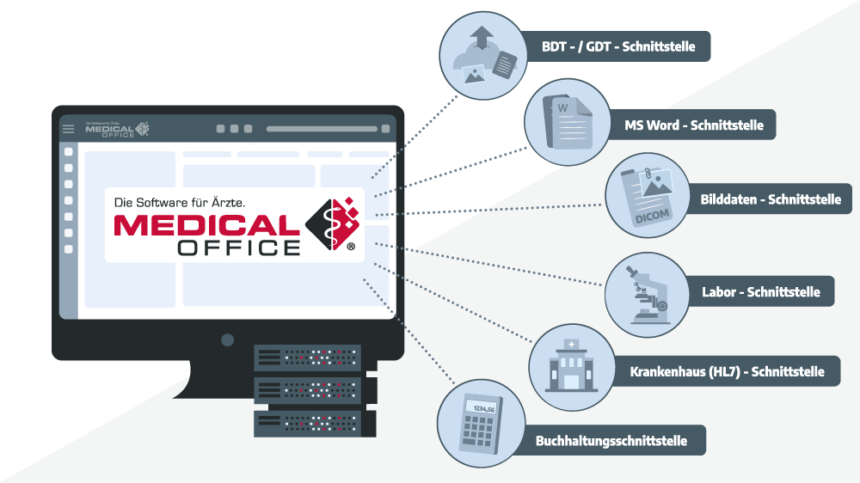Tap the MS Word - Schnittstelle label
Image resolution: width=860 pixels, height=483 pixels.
(693, 125)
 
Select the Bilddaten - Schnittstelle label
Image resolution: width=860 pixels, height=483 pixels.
(770, 199)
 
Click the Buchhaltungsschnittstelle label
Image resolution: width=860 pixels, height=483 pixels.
(611, 441)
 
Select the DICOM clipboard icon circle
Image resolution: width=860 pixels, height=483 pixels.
(647, 196)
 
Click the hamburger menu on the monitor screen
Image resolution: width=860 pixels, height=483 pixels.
(69, 129)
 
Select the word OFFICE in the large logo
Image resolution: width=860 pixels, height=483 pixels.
(239, 248)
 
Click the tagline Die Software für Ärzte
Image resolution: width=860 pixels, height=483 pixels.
(181, 202)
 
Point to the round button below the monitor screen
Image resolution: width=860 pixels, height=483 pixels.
(228, 339)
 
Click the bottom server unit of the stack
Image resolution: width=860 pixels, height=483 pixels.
(308, 423)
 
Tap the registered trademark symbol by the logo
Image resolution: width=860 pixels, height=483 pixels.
(350, 247)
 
